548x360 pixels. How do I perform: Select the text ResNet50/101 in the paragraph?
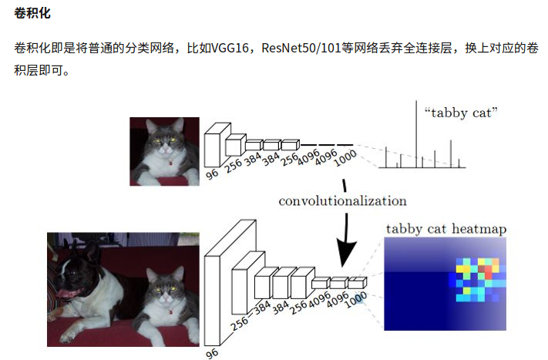click(x=297, y=48)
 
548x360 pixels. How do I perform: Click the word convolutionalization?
click(x=342, y=201)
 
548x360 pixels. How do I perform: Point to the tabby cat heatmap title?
click(x=446, y=229)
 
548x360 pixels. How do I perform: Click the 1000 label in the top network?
click(x=347, y=157)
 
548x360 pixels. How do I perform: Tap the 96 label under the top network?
click(x=213, y=174)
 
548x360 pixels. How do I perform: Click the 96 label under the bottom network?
click(x=213, y=353)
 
